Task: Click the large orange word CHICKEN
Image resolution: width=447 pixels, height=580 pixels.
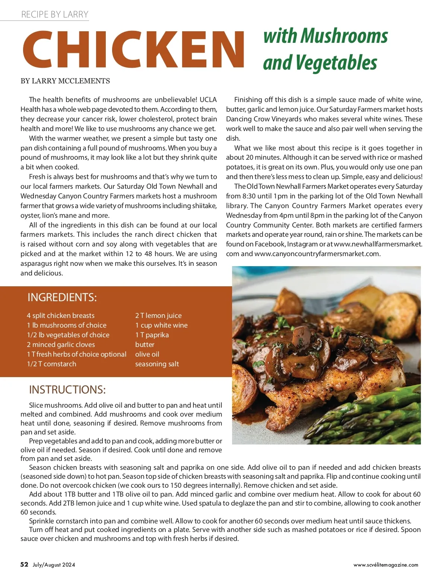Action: point(133,50)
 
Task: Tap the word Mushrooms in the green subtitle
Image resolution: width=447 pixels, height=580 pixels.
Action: point(344,36)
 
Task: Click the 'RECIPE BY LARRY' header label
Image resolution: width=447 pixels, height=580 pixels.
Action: point(55,15)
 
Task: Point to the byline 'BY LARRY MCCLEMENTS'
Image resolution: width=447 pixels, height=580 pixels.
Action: point(65,81)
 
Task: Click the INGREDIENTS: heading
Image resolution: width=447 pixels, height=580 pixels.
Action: point(62,297)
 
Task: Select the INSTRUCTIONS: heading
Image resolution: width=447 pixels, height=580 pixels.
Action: point(67,390)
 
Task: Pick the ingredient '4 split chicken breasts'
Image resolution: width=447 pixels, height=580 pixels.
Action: point(61,316)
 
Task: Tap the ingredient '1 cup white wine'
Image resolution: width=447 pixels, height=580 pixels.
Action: point(161,325)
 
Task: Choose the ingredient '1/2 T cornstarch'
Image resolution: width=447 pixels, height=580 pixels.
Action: point(51,364)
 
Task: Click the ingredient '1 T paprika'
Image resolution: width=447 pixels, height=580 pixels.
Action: point(152,335)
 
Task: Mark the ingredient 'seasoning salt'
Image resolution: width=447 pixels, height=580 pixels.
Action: point(157,364)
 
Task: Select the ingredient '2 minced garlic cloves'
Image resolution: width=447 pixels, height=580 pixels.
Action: point(61,345)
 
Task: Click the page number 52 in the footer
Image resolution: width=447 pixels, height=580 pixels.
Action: point(24,564)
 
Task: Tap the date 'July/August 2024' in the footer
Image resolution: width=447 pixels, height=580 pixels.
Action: point(54,565)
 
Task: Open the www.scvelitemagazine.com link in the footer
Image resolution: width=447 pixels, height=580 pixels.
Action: point(386,565)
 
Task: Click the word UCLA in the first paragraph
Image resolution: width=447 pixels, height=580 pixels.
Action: point(208,100)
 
